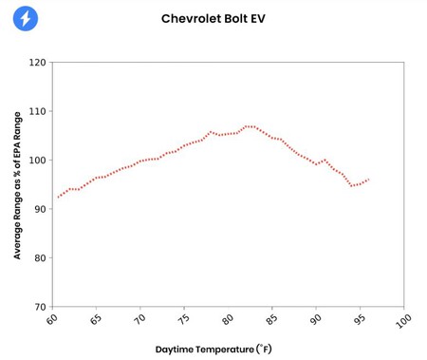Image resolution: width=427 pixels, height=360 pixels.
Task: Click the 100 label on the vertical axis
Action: pyautogui.click(x=37, y=161)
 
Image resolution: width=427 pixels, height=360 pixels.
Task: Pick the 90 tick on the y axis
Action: pyautogui.click(x=39, y=209)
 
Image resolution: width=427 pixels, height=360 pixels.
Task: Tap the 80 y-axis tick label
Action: pyautogui.click(x=39, y=258)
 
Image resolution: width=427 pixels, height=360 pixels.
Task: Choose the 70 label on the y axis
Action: pyautogui.click(x=39, y=307)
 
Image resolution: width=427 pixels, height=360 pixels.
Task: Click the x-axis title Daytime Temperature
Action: pyautogui.click(x=213, y=349)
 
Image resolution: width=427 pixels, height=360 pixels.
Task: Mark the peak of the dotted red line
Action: pyautogui.click(x=249, y=125)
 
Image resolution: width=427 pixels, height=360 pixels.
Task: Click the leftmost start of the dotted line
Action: pyautogui.click(x=57, y=198)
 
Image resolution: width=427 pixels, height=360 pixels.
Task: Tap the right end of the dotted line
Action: pyautogui.click(x=368, y=179)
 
